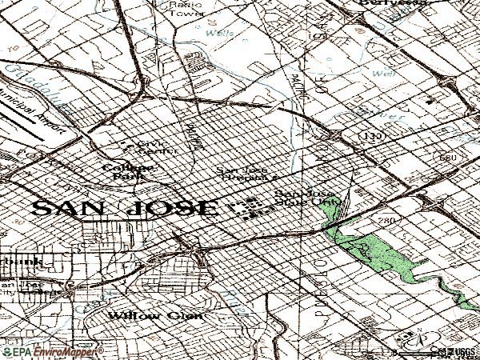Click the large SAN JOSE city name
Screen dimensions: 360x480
click(124, 209)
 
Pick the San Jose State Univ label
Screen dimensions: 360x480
click(306, 199)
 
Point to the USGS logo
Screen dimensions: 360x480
click(460, 351)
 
